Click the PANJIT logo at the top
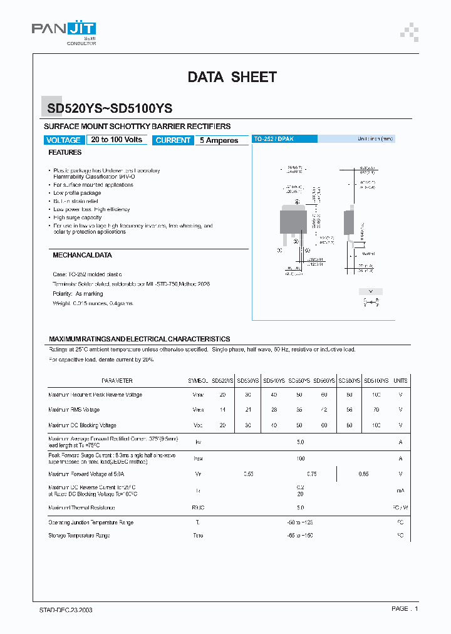[x=64, y=30]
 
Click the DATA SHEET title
[x=232, y=77]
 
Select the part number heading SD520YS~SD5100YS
[x=110, y=108]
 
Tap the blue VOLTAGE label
[x=63, y=140]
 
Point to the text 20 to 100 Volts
[x=117, y=140]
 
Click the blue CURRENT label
[x=173, y=140]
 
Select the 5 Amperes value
[x=219, y=140]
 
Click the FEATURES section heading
[x=65, y=152]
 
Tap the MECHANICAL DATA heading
[x=82, y=256]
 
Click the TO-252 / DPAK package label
[x=273, y=138]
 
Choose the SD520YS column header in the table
[x=222, y=381]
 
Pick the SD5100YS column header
[x=376, y=381]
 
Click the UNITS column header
[x=400, y=381]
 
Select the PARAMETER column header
[x=117, y=381]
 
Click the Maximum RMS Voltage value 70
[x=376, y=410]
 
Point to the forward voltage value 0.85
[x=363, y=474]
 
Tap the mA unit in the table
[x=400, y=491]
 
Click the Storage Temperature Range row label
[x=79, y=536]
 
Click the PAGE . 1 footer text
[x=405, y=609]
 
